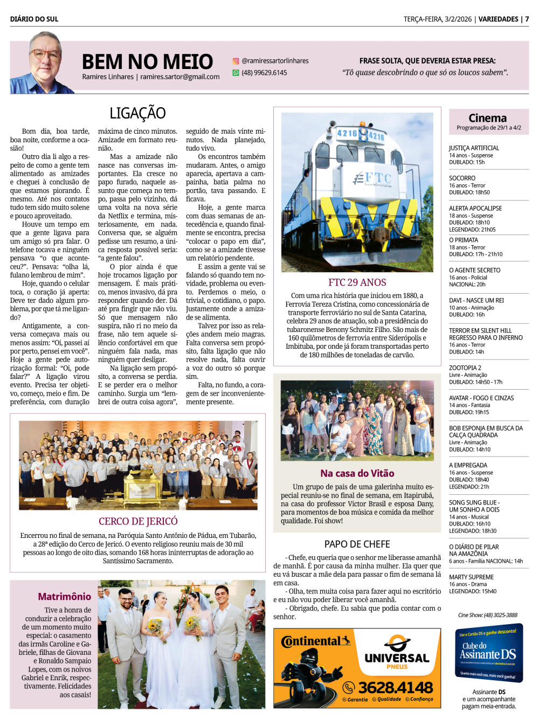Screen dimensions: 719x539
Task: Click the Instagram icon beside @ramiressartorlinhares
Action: click(236, 61)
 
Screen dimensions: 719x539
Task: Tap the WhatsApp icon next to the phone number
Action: click(236, 73)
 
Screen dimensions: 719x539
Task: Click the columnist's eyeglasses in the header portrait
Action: click(45, 54)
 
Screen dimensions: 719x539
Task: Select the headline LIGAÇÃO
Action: click(137, 113)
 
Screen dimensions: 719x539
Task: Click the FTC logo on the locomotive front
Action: click(372, 178)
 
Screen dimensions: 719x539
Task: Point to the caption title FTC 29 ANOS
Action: click(357, 282)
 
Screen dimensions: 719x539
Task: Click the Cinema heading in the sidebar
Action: click(487, 118)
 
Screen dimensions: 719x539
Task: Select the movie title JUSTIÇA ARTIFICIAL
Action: click(474, 148)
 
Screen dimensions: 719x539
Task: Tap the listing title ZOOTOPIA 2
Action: click(465, 368)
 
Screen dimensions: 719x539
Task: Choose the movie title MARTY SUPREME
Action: click(471, 577)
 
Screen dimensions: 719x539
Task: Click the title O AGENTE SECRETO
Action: click(474, 271)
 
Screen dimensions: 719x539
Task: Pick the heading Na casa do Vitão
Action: click(357, 473)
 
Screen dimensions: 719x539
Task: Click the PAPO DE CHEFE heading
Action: click(357, 544)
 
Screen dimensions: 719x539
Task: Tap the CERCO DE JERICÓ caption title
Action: click(138, 521)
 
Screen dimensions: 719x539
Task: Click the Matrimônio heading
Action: click(64, 597)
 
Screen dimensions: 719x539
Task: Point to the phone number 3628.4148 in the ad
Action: click(395, 688)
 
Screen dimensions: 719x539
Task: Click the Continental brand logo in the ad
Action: click(315, 641)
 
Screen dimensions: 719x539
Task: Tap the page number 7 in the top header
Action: click(527, 19)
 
